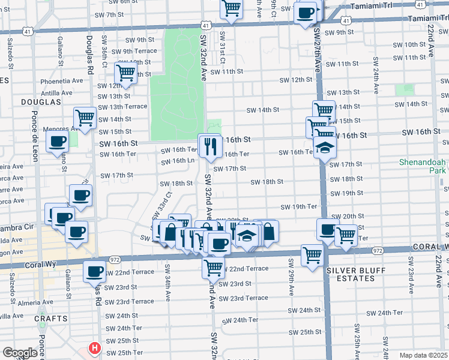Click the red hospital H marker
point(94,348)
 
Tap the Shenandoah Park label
point(423,167)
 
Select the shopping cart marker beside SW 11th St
point(126,73)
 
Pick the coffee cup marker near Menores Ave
point(58,142)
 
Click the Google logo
point(20,353)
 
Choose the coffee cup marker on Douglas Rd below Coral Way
point(95,271)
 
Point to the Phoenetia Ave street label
point(61,81)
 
